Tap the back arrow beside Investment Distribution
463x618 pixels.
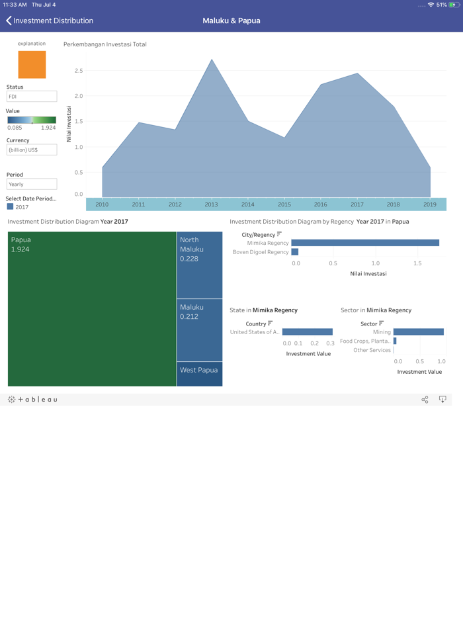tap(9, 21)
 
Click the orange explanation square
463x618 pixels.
tap(32, 65)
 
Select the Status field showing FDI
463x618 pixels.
tap(32, 97)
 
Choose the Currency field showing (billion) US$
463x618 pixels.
tap(32, 150)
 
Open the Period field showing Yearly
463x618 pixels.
tap(32, 185)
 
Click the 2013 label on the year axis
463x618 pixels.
tap(211, 204)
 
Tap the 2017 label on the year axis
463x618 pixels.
tap(357, 204)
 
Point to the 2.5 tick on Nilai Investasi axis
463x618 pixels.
tap(79, 71)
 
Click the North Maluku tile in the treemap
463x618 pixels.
tap(199, 265)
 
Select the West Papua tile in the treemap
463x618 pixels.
tap(199, 374)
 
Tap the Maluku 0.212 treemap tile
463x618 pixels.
tap(199, 330)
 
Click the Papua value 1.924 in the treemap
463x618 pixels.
tap(21, 249)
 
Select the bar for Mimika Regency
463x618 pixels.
tap(365, 243)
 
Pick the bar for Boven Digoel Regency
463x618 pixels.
tap(295, 252)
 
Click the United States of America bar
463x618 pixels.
tap(308, 332)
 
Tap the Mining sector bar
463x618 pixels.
tap(418, 332)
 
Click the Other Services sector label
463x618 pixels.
tap(372, 350)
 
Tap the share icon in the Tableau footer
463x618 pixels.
tap(425, 400)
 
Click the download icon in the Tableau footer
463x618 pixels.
tap(442, 400)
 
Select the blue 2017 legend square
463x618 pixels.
tap(10, 207)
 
